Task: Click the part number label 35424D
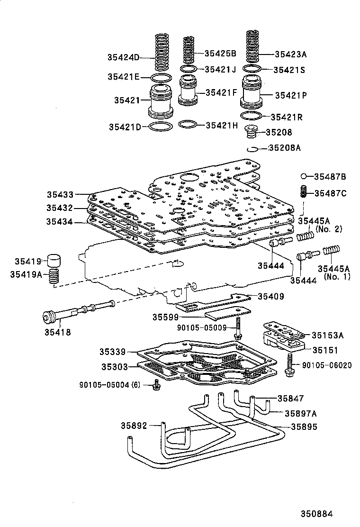(124, 58)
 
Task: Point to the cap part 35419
(55, 261)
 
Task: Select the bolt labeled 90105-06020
(288, 366)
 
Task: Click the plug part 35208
(252, 133)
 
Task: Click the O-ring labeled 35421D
(160, 127)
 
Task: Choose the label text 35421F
(221, 93)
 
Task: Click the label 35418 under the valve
(58, 332)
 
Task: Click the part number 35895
(304, 427)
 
